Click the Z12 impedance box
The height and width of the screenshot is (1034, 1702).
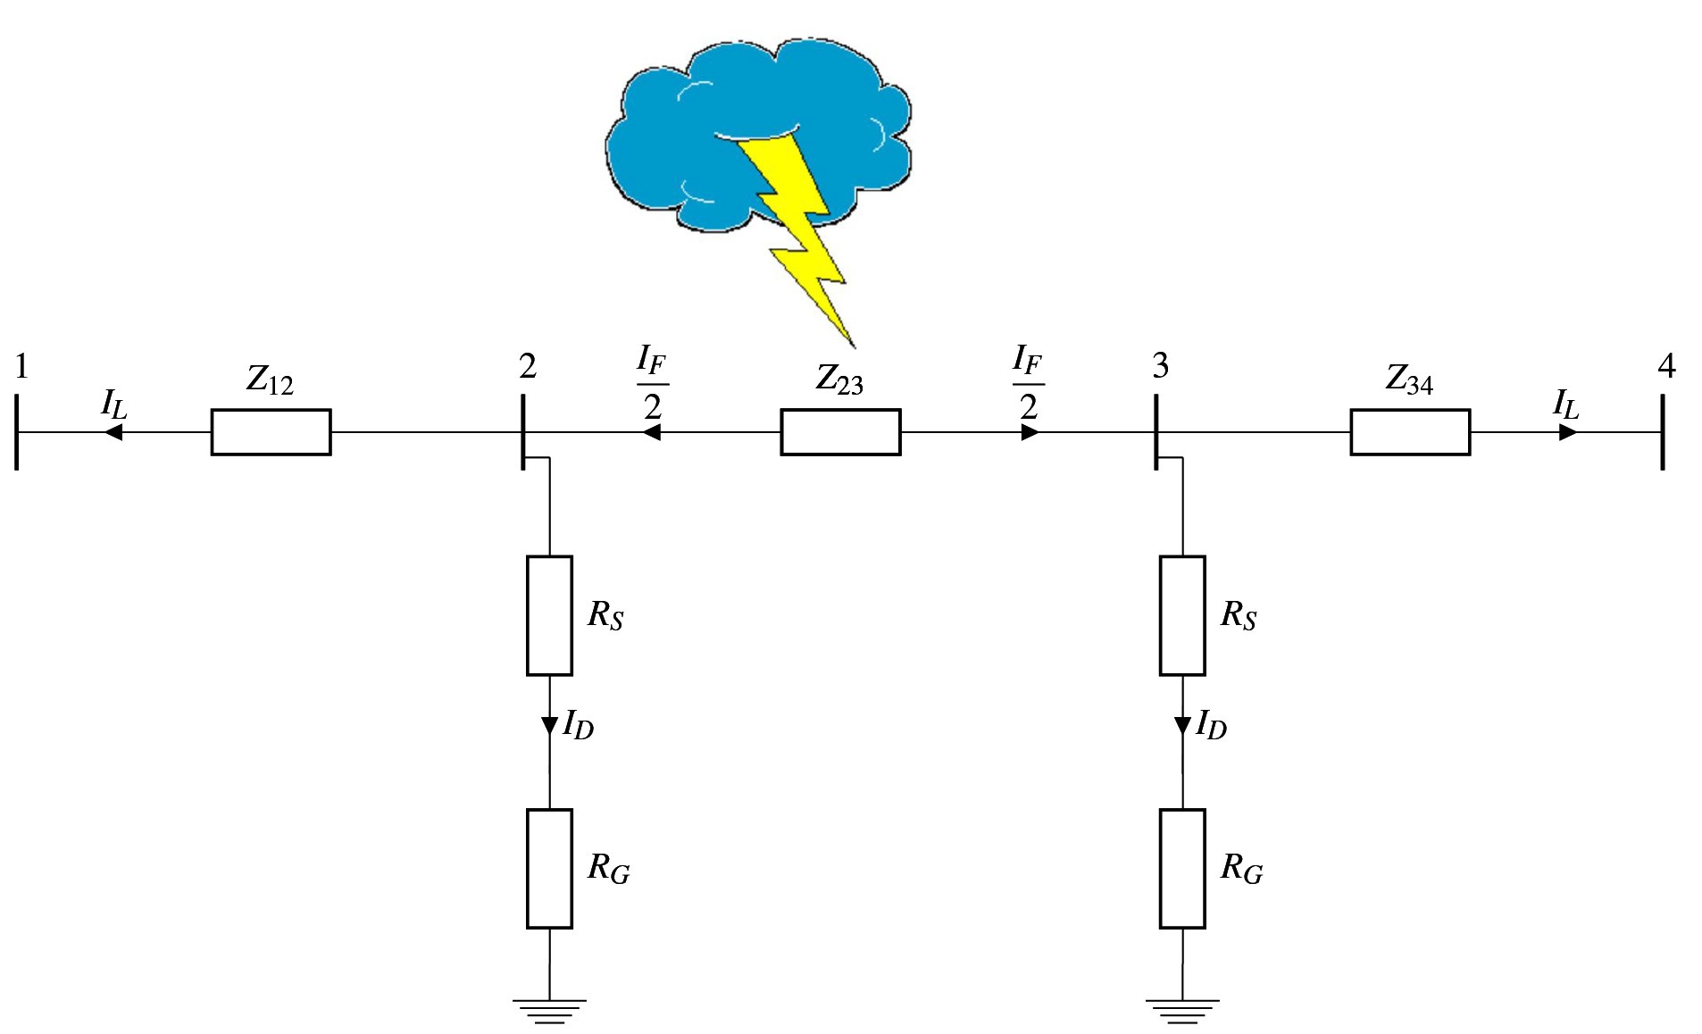[x=271, y=432]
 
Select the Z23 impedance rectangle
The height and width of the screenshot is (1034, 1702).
[x=840, y=432]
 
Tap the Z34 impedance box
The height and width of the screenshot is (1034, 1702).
[x=1409, y=432]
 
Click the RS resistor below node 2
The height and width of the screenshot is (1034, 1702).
[x=549, y=615]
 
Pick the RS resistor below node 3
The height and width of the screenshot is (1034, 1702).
[x=1181, y=615]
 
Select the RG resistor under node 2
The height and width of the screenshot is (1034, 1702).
[x=549, y=868]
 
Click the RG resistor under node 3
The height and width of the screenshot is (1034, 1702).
[x=1181, y=868]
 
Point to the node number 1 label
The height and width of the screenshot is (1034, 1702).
[x=21, y=366]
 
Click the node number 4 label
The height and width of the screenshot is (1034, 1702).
[x=1666, y=366]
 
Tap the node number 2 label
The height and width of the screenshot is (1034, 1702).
[x=528, y=366]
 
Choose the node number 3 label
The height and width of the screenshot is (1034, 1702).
[x=1160, y=365]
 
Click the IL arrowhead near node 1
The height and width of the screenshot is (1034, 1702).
[x=113, y=432]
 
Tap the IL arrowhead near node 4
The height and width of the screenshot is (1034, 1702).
[x=1568, y=432]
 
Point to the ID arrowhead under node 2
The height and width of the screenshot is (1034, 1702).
[x=549, y=726]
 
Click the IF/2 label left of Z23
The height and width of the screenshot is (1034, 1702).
[x=653, y=383]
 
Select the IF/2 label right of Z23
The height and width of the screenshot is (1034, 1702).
[x=1028, y=383]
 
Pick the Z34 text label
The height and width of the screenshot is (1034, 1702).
[x=1409, y=380]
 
